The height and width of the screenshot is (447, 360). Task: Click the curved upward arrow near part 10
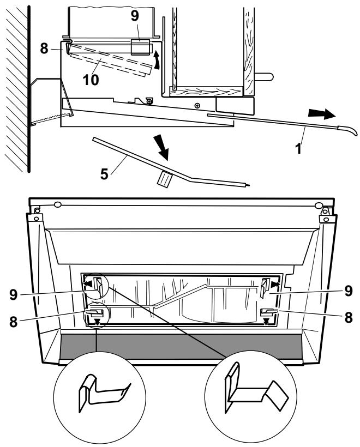(x=157, y=59)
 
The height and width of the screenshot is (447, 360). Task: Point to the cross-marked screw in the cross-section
(x=196, y=105)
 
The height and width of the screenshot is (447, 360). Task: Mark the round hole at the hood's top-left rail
(x=58, y=205)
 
